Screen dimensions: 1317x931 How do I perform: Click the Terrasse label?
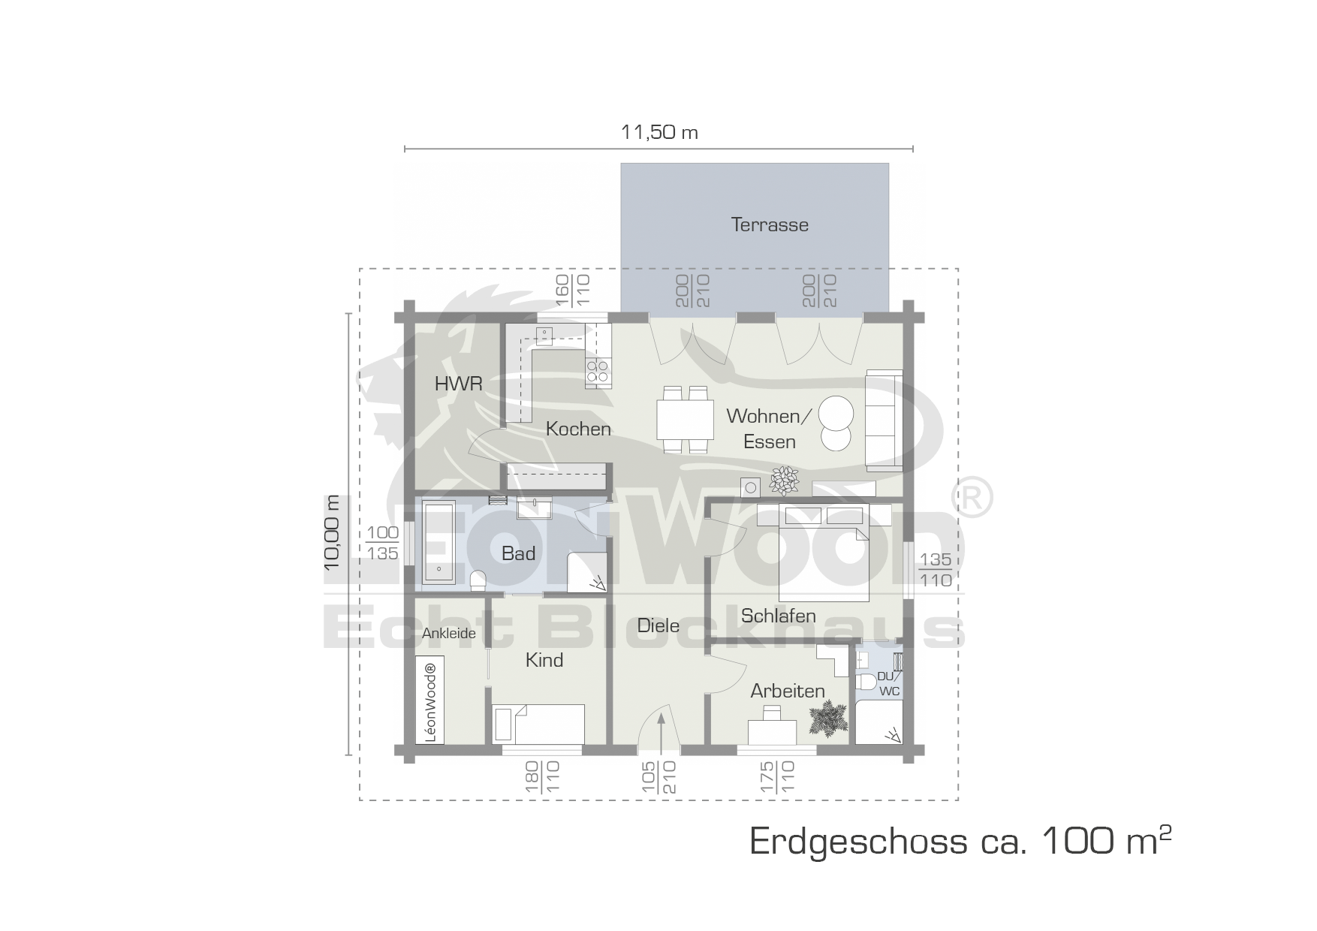(770, 224)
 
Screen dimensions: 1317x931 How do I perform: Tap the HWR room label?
(458, 384)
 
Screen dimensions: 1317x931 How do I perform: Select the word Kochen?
(578, 429)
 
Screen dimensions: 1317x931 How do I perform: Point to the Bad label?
(518, 553)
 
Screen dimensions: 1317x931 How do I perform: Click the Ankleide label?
(449, 633)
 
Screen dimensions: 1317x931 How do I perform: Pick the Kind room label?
(544, 660)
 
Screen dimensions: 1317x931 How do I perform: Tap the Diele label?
(658, 625)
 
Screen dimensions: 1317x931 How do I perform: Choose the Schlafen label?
(778, 616)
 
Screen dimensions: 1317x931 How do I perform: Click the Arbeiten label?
(788, 691)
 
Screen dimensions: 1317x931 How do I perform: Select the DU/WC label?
(888, 684)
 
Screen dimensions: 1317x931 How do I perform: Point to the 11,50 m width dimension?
(659, 133)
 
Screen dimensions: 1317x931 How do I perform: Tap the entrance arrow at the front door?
(661, 731)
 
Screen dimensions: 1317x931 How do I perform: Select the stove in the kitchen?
(598, 372)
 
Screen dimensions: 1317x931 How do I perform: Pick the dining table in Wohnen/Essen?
(685, 420)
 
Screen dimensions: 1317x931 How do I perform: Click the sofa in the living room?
(885, 420)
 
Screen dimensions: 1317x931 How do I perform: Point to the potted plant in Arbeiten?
(826, 717)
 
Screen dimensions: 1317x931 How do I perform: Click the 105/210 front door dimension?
(660, 778)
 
